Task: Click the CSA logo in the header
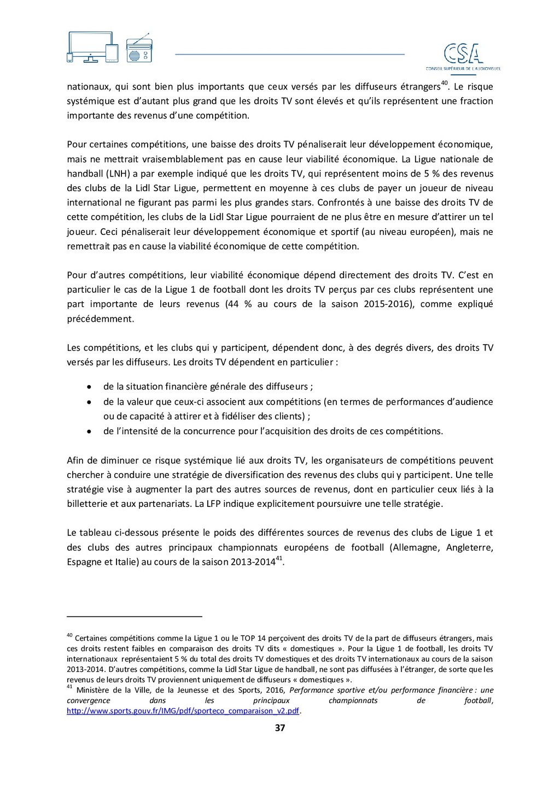(x=463, y=55)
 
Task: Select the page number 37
(x=280, y=728)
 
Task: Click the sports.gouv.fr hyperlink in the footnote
(x=183, y=711)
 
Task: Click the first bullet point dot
(x=89, y=387)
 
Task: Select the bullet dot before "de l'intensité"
(x=89, y=432)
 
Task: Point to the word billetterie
(x=87, y=504)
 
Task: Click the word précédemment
(x=100, y=318)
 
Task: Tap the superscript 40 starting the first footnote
(x=69, y=635)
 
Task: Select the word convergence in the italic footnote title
(x=88, y=700)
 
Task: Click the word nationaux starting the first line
(x=87, y=86)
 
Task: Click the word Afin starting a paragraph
(x=75, y=461)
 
